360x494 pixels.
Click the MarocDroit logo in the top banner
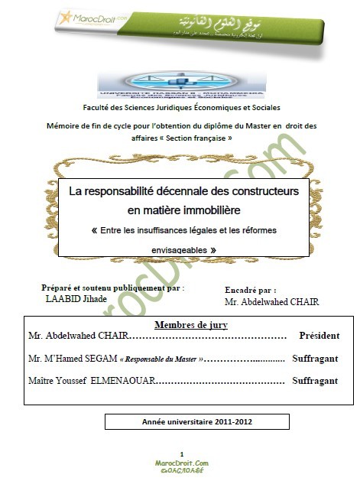(92, 16)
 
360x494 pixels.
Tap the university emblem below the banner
(180, 86)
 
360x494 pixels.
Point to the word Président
(319, 336)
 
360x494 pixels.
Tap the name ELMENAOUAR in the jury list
(122, 380)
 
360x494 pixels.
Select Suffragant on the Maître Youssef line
(315, 380)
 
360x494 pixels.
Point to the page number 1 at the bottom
(181, 454)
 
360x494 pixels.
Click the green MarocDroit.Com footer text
(180, 463)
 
